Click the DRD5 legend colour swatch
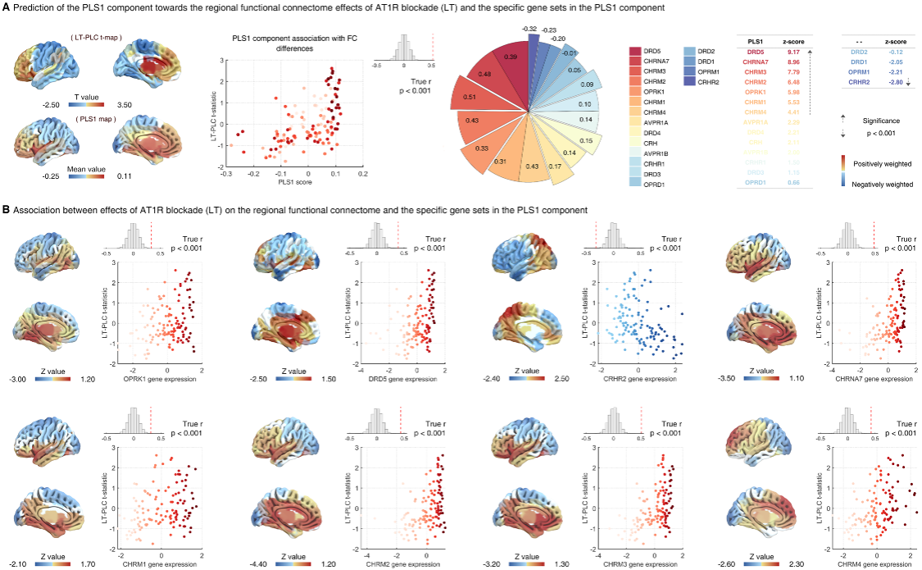[635, 52]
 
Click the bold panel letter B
[7, 209]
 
